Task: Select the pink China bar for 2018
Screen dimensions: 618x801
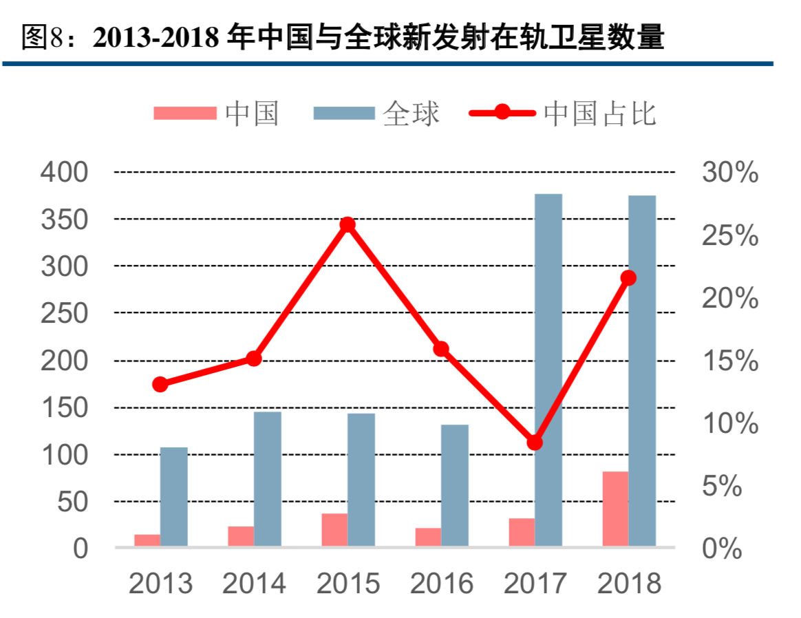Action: pos(615,509)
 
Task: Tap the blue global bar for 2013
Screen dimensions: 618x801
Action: pos(174,496)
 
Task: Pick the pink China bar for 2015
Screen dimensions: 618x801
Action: pos(334,530)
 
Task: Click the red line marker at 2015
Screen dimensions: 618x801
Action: pos(348,224)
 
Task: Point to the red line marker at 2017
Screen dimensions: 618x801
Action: pos(535,443)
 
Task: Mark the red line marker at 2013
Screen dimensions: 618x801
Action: pos(160,384)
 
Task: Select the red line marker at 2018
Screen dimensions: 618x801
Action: pos(628,278)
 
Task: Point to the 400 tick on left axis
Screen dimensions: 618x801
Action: pos(65,172)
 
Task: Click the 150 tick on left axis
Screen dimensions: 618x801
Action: pos(65,408)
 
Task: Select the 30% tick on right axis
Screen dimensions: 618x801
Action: pos(730,172)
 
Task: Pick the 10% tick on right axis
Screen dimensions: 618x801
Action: pos(730,423)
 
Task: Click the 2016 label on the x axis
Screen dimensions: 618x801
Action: pos(442,584)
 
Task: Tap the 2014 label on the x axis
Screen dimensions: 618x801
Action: pos(254,584)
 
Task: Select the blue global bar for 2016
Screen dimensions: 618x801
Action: pos(455,485)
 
